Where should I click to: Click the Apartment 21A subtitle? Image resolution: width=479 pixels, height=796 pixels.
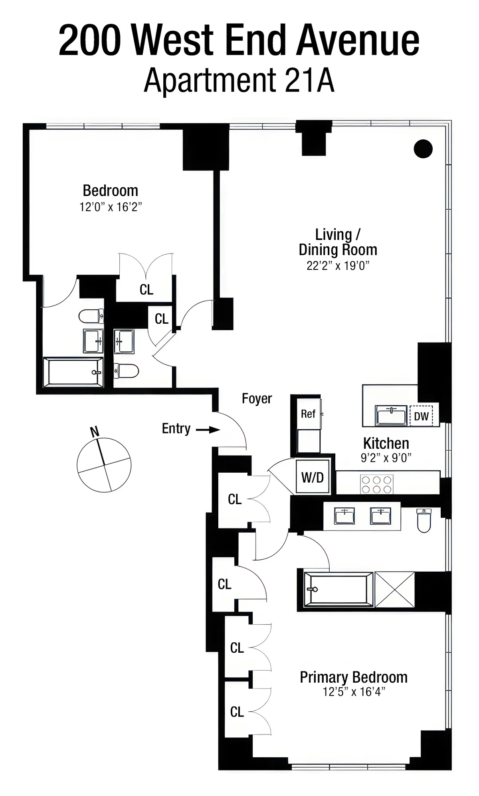pyautogui.click(x=239, y=81)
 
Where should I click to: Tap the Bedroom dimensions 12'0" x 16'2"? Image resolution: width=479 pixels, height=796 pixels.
pyautogui.click(x=111, y=207)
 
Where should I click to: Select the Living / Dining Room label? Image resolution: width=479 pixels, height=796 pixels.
pyautogui.click(x=338, y=242)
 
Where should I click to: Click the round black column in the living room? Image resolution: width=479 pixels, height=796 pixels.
pyautogui.click(x=423, y=149)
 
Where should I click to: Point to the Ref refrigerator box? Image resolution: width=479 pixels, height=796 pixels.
pyautogui.click(x=308, y=414)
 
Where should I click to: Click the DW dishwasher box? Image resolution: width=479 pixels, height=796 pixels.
pyautogui.click(x=421, y=416)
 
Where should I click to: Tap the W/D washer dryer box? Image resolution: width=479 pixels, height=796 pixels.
pyautogui.click(x=313, y=477)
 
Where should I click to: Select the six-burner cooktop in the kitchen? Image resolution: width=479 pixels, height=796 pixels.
pyautogui.click(x=377, y=484)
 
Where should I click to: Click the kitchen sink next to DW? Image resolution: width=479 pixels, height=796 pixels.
pyautogui.click(x=392, y=415)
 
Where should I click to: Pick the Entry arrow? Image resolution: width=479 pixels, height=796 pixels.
pyautogui.click(x=208, y=430)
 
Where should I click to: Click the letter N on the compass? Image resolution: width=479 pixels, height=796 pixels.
pyautogui.click(x=95, y=432)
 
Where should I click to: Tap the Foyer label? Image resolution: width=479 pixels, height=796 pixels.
pyautogui.click(x=257, y=398)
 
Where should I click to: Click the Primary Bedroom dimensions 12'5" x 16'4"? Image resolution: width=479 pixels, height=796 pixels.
pyautogui.click(x=354, y=691)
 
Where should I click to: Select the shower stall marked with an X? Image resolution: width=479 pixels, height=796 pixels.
pyautogui.click(x=394, y=589)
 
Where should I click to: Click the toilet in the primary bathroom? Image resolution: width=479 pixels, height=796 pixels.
pyautogui.click(x=424, y=520)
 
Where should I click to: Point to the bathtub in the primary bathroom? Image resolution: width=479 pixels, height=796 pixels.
pyautogui.click(x=338, y=589)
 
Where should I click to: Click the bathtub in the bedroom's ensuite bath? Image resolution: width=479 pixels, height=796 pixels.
pyautogui.click(x=73, y=372)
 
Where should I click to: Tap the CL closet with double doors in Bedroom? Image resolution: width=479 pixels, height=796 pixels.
pyautogui.click(x=146, y=289)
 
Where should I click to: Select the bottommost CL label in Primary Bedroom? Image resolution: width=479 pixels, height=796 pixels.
pyautogui.click(x=237, y=711)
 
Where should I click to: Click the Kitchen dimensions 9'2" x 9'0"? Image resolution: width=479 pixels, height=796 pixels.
pyautogui.click(x=386, y=458)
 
